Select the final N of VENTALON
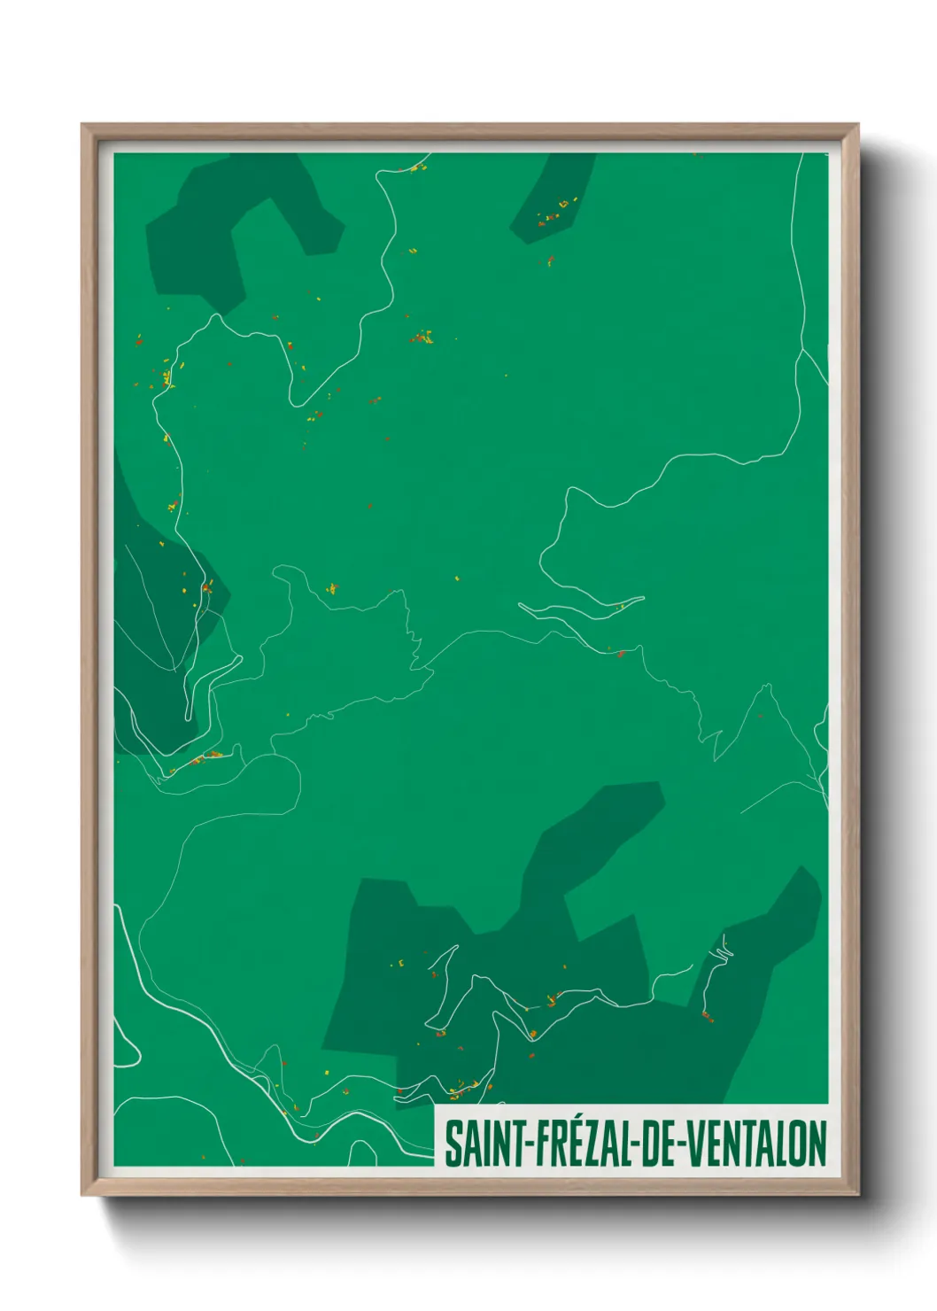coord(817,1144)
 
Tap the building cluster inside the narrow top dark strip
coord(551,213)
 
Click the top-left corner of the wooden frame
coord(83,126)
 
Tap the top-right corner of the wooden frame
coord(856,126)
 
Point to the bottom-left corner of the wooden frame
coord(83,1193)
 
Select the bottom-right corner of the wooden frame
coord(856,1193)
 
